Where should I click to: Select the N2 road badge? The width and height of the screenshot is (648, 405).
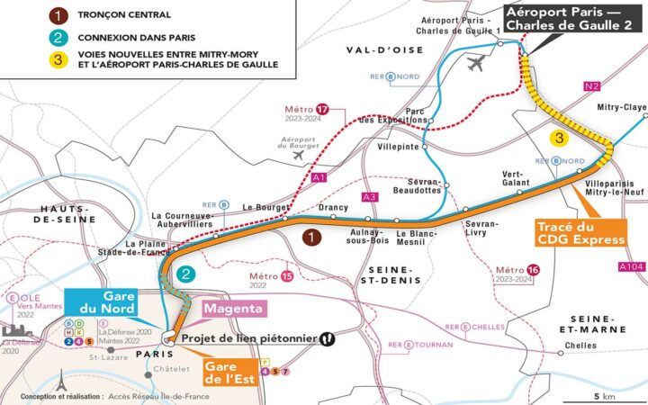[x=592, y=86]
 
